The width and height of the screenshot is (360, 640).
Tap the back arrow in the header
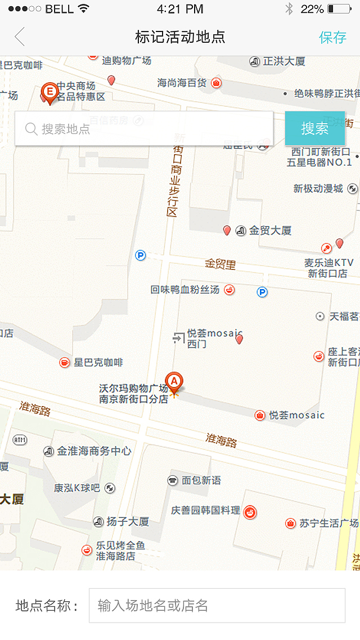[x=20, y=37]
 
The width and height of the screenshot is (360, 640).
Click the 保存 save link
[x=332, y=37]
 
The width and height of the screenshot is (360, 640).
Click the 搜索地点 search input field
[x=144, y=129]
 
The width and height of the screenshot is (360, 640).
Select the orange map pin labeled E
[x=50, y=92]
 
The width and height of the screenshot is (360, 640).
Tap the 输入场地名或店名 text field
[x=217, y=606]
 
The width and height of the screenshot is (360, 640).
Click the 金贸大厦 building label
[x=270, y=231]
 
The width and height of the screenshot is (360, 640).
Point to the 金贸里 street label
[x=220, y=264]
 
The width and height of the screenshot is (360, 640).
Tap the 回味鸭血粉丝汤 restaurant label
[x=185, y=290]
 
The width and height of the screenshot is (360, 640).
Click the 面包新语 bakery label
[x=201, y=480]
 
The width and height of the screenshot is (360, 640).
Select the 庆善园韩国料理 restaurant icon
[x=250, y=512]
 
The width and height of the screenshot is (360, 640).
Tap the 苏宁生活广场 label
[x=328, y=523]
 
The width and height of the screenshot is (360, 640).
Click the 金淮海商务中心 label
[x=94, y=451]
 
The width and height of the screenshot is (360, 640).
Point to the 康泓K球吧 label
[x=77, y=488]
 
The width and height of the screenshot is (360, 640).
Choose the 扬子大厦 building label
[x=128, y=522]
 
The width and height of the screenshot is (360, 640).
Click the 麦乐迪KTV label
[x=328, y=263]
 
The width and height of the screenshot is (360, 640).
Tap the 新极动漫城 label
[x=318, y=188]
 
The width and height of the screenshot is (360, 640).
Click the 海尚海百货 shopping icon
[x=216, y=83]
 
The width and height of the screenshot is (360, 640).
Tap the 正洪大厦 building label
[x=284, y=61]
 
